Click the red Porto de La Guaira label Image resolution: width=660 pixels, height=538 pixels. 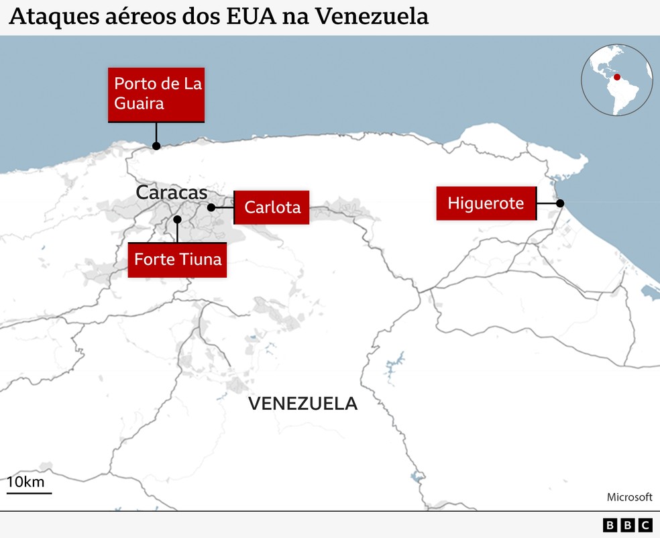coord(156,94)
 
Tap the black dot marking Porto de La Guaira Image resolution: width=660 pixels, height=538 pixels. coord(156,146)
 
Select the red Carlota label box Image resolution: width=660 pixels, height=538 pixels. coord(272,207)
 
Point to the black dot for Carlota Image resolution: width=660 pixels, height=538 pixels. coord(211,208)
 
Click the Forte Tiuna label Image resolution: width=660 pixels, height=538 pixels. coord(178,260)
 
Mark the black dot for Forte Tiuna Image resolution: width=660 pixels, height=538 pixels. coord(177,219)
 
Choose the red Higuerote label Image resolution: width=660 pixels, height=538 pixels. coord(486,203)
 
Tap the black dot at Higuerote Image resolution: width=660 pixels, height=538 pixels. coord(560,203)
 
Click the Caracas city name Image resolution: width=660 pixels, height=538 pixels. coord(172,193)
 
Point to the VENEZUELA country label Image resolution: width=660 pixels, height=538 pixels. coord(302,404)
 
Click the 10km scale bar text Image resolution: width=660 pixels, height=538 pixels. coord(25,482)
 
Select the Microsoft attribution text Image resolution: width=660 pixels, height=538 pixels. coord(629,497)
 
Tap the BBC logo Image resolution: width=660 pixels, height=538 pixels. coord(627,525)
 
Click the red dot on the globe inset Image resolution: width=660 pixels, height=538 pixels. coord(617,77)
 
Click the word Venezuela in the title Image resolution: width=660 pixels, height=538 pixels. coord(372,17)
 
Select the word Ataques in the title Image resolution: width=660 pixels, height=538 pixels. coord(46,17)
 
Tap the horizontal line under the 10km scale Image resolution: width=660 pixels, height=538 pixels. coord(30,493)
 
